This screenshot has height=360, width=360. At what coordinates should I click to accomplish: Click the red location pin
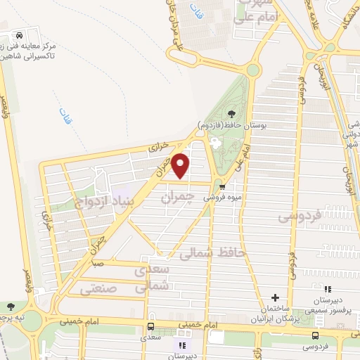pyautogui.click(x=181, y=166)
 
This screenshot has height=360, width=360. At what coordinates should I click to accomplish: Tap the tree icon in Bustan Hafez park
pyautogui.click(x=231, y=115)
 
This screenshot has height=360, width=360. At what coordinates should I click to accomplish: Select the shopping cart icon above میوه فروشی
pyautogui.click(x=222, y=187)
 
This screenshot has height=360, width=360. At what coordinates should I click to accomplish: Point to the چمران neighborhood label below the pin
pyautogui.click(x=176, y=199)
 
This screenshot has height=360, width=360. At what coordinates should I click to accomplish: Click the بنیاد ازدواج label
pyautogui.click(x=109, y=203)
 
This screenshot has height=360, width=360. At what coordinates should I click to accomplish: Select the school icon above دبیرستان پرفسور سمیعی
pyautogui.click(x=327, y=288)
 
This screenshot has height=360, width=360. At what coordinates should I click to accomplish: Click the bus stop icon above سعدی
pyautogui.click(x=150, y=327)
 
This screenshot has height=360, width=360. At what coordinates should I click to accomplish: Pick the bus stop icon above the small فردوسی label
pyautogui.click(x=314, y=335)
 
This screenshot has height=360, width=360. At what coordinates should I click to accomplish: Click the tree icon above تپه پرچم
pyautogui.click(x=10, y=306)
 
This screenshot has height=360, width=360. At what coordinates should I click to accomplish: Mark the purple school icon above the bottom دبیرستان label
pyautogui.click(x=182, y=345)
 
